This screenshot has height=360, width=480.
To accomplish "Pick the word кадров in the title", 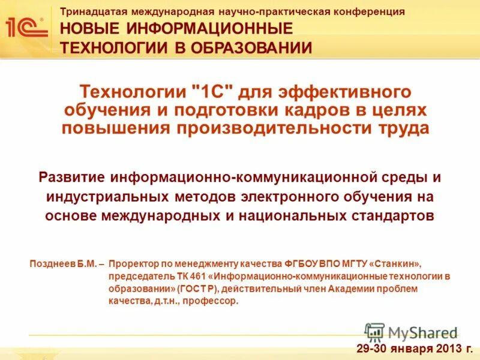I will click(x=323, y=110).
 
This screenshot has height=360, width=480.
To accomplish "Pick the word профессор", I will click(x=214, y=302).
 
